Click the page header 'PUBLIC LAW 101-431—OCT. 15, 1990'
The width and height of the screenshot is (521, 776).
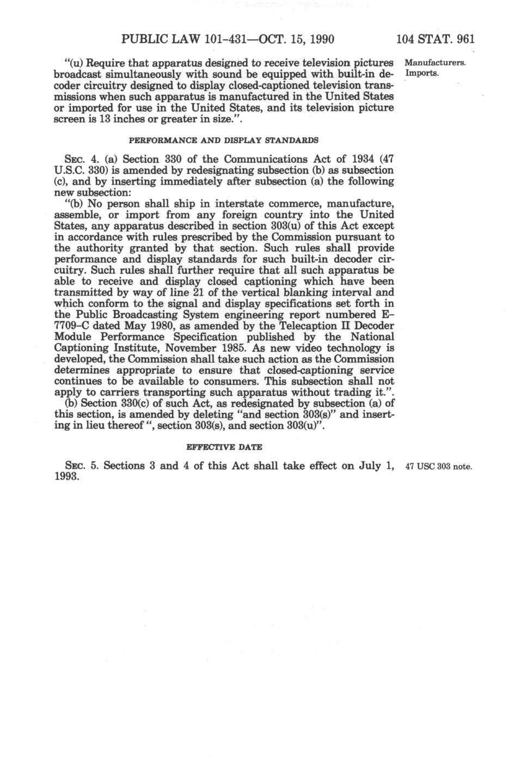[x=228, y=39]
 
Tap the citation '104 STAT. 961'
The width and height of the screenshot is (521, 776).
[x=435, y=39]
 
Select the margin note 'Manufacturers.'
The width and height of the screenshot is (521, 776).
[x=435, y=63]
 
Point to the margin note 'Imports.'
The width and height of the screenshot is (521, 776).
[x=422, y=74]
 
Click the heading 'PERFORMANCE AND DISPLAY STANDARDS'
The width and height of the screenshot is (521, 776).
[x=223, y=140]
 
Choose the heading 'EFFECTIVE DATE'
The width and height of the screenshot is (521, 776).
[x=224, y=447]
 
